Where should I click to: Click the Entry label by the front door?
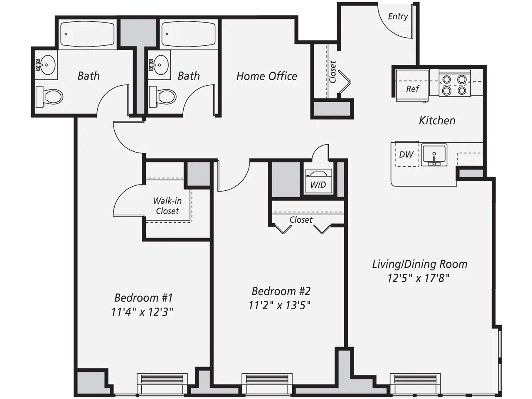click(x=398, y=16)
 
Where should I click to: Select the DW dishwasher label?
click(x=406, y=154)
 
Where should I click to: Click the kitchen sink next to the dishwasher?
click(x=434, y=155)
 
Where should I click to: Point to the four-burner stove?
click(x=454, y=84)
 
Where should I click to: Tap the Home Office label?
click(x=266, y=76)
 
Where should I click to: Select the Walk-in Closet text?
click(x=167, y=206)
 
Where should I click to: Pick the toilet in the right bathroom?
click(x=163, y=97)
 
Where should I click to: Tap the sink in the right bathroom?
click(x=160, y=65)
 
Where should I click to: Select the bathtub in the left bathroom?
click(x=87, y=34)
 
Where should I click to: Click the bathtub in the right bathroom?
click(x=188, y=34)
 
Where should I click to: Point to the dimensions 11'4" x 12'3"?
click(x=142, y=312)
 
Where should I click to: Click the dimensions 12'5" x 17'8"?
click(x=419, y=278)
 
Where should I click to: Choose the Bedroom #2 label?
click(x=281, y=291)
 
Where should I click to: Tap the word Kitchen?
click(x=437, y=121)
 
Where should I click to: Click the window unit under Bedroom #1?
click(x=162, y=379)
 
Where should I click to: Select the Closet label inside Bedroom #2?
click(x=301, y=219)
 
